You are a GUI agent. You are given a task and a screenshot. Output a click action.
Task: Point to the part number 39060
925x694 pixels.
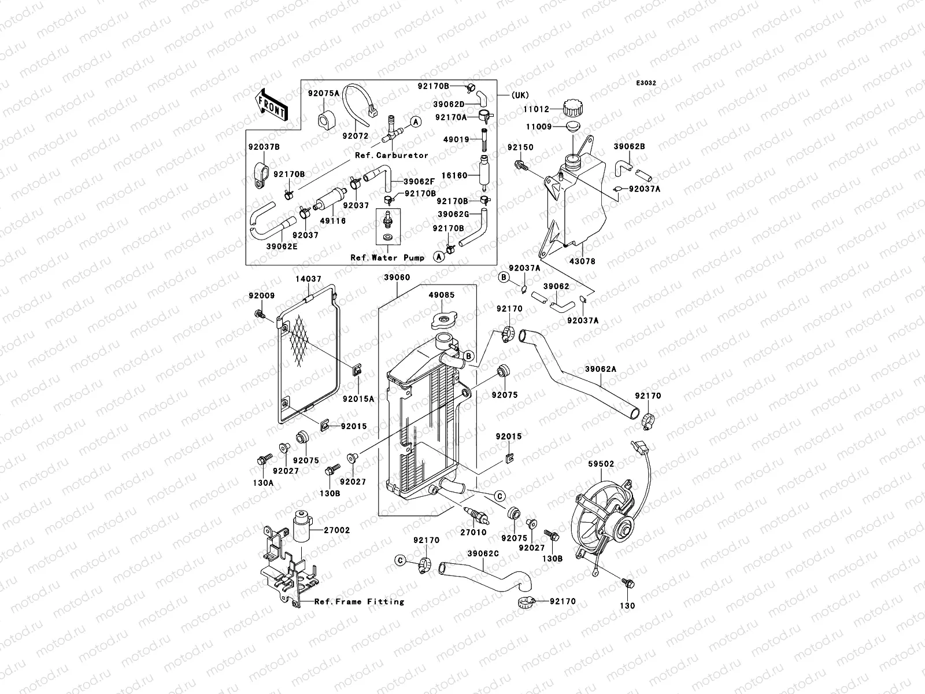[x=397, y=278]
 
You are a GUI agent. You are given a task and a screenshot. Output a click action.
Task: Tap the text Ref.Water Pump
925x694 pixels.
[x=387, y=258]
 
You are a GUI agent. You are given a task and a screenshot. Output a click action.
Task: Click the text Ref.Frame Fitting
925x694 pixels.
[x=359, y=601]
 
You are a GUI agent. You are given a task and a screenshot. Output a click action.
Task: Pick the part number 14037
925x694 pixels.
[x=309, y=279]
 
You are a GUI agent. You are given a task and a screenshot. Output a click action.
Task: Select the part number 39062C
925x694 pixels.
[x=483, y=553]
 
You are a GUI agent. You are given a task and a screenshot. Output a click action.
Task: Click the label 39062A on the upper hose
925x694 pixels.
[x=601, y=368]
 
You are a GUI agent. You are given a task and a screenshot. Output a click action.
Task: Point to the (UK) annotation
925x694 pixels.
[x=520, y=95]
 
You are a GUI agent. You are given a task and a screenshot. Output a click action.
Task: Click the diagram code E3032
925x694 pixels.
[x=646, y=83]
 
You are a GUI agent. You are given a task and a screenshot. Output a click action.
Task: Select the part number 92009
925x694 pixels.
[x=262, y=296]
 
